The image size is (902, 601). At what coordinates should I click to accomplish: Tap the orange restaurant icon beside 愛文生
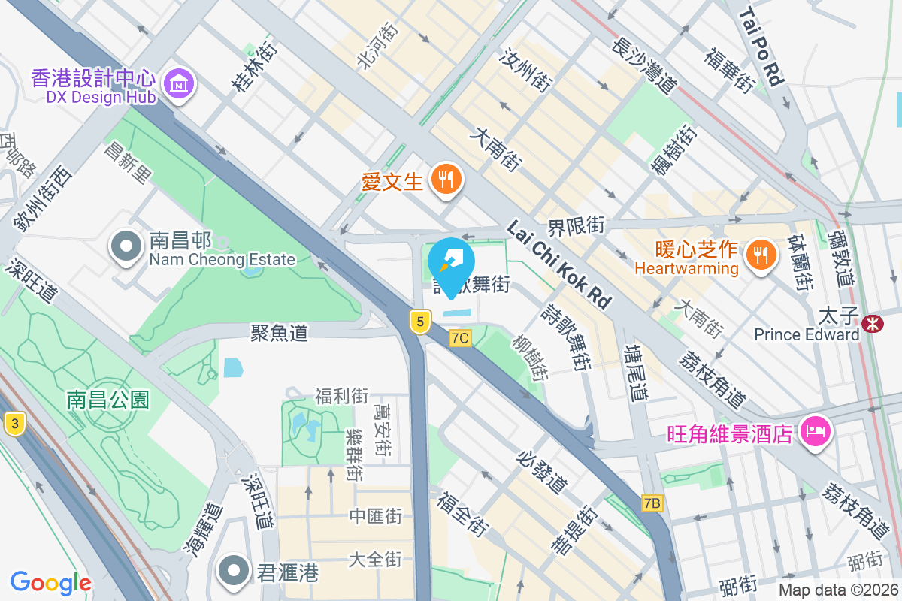(447, 180)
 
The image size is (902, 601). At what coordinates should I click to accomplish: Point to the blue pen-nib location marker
(451, 264)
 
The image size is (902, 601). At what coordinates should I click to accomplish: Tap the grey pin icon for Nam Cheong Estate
(126, 247)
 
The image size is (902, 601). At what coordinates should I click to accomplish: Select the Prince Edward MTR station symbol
(873, 324)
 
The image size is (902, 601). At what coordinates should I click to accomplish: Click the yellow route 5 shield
(420, 322)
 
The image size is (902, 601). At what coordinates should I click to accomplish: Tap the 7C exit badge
(460, 338)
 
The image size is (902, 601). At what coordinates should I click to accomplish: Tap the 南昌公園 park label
(108, 399)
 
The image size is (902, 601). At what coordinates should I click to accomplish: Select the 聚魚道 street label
(280, 332)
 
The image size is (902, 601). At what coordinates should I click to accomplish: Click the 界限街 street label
(577, 225)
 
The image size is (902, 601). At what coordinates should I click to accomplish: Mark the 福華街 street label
(728, 69)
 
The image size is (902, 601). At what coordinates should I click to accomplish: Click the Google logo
(50, 582)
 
